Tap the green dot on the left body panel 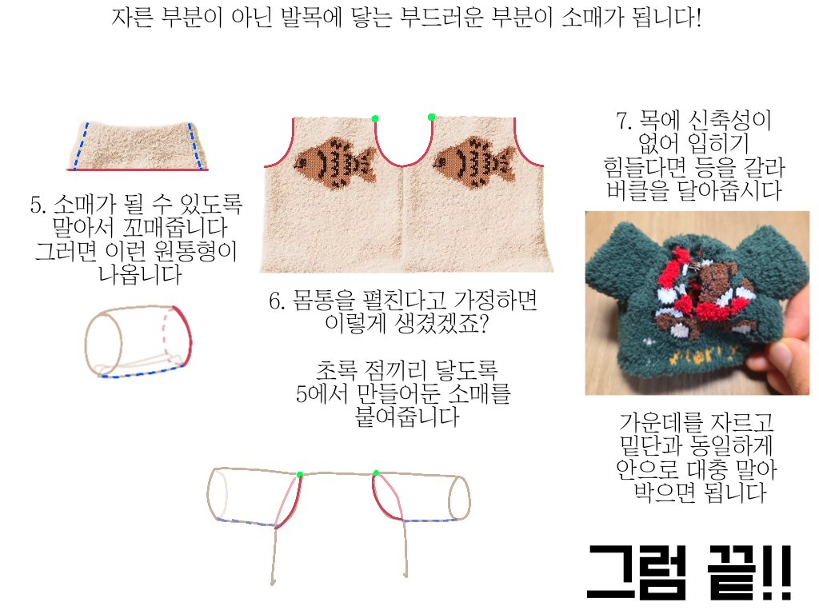pyautogui.click(x=375, y=118)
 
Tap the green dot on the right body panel pyautogui.click(x=431, y=117)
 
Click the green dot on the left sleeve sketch pyautogui.click(x=300, y=475)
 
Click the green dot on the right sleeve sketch pyautogui.click(x=375, y=472)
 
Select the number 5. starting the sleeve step pyautogui.click(x=38, y=204)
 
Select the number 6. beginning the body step pyautogui.click(x=277, y=302)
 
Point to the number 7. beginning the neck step pyautogui.click(x=624, y=122)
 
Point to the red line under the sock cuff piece pyautogui.click(x=137, y=170)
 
